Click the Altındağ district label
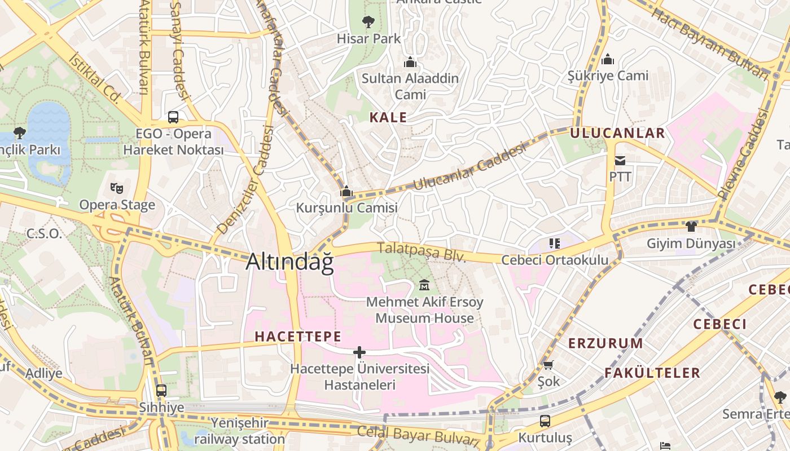tap(290, 262)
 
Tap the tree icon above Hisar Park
tap(368, 22)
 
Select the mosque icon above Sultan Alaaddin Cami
tap(410, 61)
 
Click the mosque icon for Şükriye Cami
tap(608, 59)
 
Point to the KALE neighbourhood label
tap(388, 117)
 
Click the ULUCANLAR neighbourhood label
tap(617, 133)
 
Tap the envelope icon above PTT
tap(620, 161)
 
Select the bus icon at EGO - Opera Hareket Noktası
tap(173, 117)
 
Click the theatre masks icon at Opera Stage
tap(117, 188)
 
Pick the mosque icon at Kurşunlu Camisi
tap(346, 192)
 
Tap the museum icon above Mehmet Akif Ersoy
tap(424, 285)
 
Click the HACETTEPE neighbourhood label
tap(298, 337)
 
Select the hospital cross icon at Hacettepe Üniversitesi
tap(359, 352)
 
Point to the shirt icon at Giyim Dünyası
tap(691, 227)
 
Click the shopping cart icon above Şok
tap(548, 365)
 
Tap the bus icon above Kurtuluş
tap(545, 421)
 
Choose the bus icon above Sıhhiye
tap(161, 390)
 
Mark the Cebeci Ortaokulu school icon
tap(554, 244)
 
